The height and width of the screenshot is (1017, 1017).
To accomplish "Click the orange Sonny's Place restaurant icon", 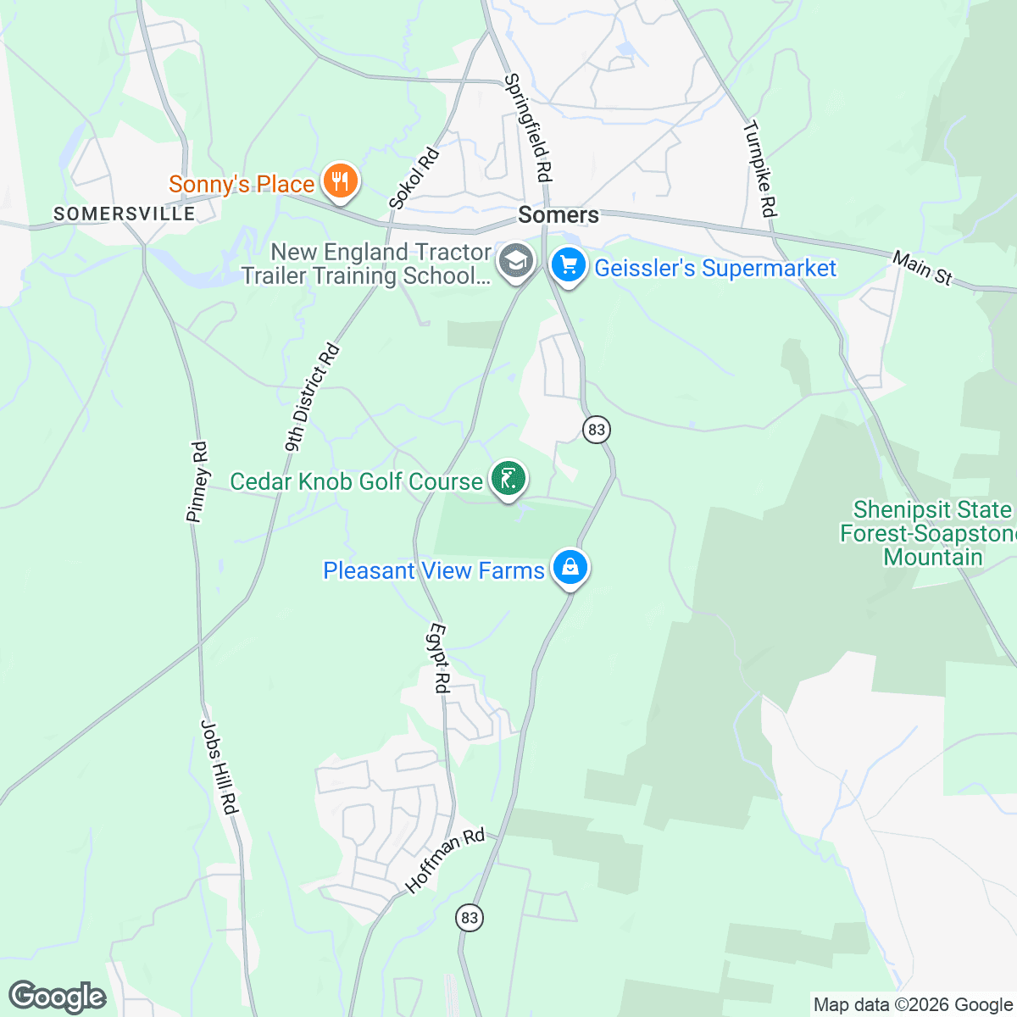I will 339,181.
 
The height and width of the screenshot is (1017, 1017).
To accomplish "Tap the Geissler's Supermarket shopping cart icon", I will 569,266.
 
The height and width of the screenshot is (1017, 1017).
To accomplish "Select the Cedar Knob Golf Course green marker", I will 508,480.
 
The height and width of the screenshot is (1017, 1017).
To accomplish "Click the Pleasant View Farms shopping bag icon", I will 570,568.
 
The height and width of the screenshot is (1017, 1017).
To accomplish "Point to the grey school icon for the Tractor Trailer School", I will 514,262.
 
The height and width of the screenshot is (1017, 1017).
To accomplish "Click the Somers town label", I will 559,214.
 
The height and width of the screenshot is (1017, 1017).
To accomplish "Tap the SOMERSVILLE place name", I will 125,214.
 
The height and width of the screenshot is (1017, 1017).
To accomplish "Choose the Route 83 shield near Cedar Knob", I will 596,430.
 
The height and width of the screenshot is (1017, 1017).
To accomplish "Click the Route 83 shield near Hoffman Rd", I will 470,917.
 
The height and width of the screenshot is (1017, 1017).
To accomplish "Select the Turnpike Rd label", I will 760,169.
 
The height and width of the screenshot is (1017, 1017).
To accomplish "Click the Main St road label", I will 922,268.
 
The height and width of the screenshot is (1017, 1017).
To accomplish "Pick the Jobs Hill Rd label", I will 219,767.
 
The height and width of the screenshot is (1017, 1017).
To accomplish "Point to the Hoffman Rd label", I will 445,860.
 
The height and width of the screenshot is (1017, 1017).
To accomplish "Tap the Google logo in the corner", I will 57,998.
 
